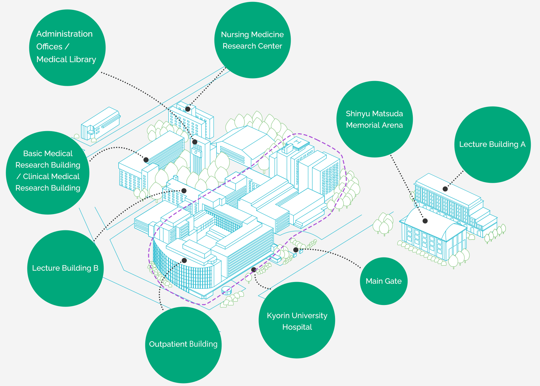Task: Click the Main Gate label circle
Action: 383,281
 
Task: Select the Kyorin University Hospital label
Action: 297,320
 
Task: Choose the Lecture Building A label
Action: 492,145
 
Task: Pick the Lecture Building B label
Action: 65,268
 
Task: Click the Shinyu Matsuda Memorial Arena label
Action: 375,119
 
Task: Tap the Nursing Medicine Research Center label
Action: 252,40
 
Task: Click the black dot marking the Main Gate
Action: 296,250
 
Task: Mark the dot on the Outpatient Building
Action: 184,260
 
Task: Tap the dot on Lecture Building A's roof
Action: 445,189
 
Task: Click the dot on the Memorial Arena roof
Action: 425,221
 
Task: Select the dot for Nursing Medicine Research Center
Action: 188,109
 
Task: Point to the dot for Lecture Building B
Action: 184,191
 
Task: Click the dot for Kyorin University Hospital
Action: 253,270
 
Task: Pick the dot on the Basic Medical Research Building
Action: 146,160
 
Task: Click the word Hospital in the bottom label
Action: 297,327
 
